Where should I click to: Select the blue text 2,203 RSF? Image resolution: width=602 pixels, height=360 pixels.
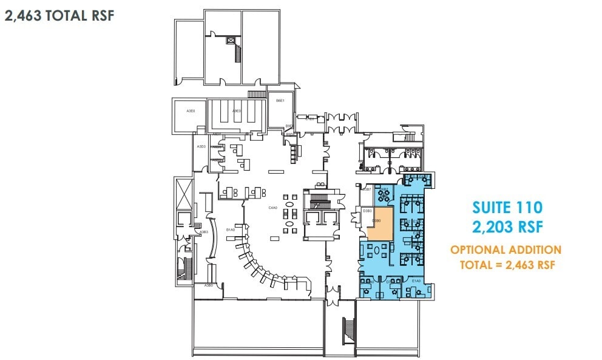point(507,227)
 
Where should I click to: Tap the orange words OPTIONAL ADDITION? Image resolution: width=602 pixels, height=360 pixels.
point(506,250)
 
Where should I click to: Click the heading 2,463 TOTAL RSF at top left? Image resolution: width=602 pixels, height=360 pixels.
point(59,15)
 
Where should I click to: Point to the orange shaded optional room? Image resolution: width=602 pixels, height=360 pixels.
point(380,222)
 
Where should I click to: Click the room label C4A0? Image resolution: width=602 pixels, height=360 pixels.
point(272,208)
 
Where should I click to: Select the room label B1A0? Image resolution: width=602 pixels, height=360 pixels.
point(230,230)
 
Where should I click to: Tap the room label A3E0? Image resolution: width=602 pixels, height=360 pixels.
point(191,111)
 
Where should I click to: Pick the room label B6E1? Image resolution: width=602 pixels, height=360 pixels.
point(280,101)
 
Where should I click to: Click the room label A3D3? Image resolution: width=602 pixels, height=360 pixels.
point(201,147)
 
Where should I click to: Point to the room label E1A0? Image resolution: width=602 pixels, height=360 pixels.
point(416,281)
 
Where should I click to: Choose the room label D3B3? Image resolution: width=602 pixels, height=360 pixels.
point(367,211)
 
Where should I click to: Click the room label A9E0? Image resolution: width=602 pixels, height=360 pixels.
point(237,111)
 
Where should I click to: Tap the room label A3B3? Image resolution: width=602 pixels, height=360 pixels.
point(205,232)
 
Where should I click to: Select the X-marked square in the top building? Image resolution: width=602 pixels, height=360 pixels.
point(230,41)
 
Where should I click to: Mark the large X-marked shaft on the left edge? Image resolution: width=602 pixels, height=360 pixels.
point(182,193)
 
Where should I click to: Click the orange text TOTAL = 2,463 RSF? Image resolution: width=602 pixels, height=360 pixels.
point(506,265)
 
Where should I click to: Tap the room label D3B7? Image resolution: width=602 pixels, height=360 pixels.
point(367,189)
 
